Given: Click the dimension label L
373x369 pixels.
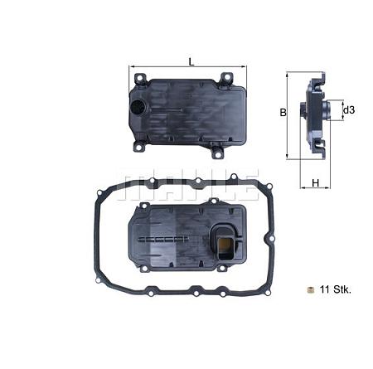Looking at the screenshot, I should point(191,61).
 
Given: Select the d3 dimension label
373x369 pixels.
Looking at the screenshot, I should point(349,110).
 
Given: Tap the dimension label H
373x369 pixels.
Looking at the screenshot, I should point(316,182).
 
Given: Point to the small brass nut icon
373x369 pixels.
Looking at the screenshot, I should point(309,289).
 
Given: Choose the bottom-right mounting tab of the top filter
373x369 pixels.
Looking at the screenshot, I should point(219,153).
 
